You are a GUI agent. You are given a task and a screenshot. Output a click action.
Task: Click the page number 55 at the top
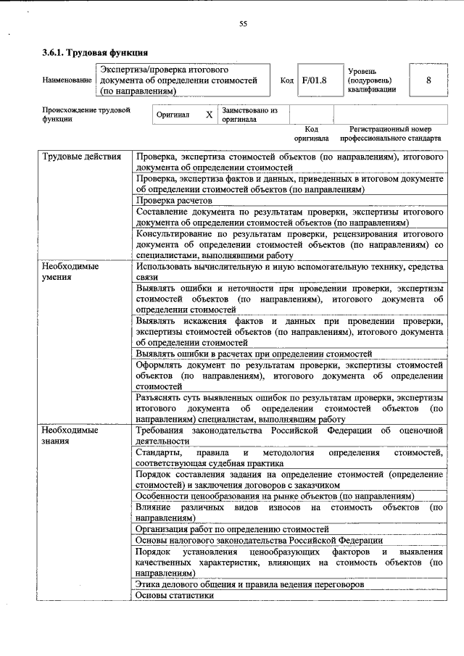244,24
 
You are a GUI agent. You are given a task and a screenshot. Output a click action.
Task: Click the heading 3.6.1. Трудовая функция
95,52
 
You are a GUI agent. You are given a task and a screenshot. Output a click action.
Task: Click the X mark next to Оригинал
209,115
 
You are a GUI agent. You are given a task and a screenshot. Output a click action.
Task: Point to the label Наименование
67,80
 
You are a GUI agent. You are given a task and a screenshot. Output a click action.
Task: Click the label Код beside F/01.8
286,80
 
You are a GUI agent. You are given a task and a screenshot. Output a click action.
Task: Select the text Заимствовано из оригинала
249,115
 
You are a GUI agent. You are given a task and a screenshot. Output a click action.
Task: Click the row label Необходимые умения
70,271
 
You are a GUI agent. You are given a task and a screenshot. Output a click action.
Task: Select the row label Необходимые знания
70,435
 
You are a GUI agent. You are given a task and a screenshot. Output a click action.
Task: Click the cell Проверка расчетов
174,200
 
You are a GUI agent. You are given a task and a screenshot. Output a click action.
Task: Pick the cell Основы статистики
175,595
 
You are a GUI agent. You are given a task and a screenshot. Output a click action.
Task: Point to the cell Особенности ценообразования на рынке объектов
274,496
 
